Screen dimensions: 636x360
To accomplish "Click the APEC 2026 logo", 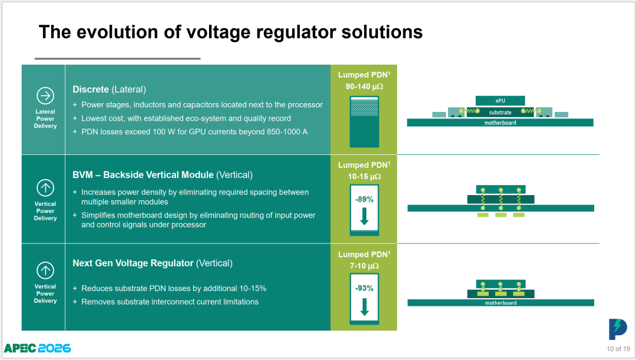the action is tap(37, 348).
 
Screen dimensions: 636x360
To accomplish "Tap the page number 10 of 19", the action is tap(618, 349).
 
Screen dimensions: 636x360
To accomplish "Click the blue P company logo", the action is tap(618, 329).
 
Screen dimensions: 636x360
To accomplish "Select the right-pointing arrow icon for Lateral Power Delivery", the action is tap(45, 96).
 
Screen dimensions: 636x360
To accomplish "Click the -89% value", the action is tap(365, 199).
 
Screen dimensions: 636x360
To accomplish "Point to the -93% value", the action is tap(365, 288).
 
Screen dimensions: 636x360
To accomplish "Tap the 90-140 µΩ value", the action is tap(365, 87).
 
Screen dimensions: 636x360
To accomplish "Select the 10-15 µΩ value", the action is tap(365, 177).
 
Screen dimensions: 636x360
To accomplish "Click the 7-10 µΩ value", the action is tap(365, 266).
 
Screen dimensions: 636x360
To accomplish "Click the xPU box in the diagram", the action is tap(500, 101).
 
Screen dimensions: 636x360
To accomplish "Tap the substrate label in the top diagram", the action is tap(500, 113).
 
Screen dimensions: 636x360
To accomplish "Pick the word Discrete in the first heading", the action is tap(91, 90).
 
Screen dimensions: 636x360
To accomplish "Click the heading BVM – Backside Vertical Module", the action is tap(143, 175).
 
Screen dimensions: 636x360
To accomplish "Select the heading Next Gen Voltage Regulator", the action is tap(133, 263).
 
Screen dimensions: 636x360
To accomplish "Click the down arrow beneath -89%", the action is tap(365, 216).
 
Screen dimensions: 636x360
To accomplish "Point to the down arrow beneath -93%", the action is tap(365, 307).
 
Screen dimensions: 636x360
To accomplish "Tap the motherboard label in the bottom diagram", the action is tap(501, 303).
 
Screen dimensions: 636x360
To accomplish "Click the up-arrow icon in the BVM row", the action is tap(45, 188).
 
